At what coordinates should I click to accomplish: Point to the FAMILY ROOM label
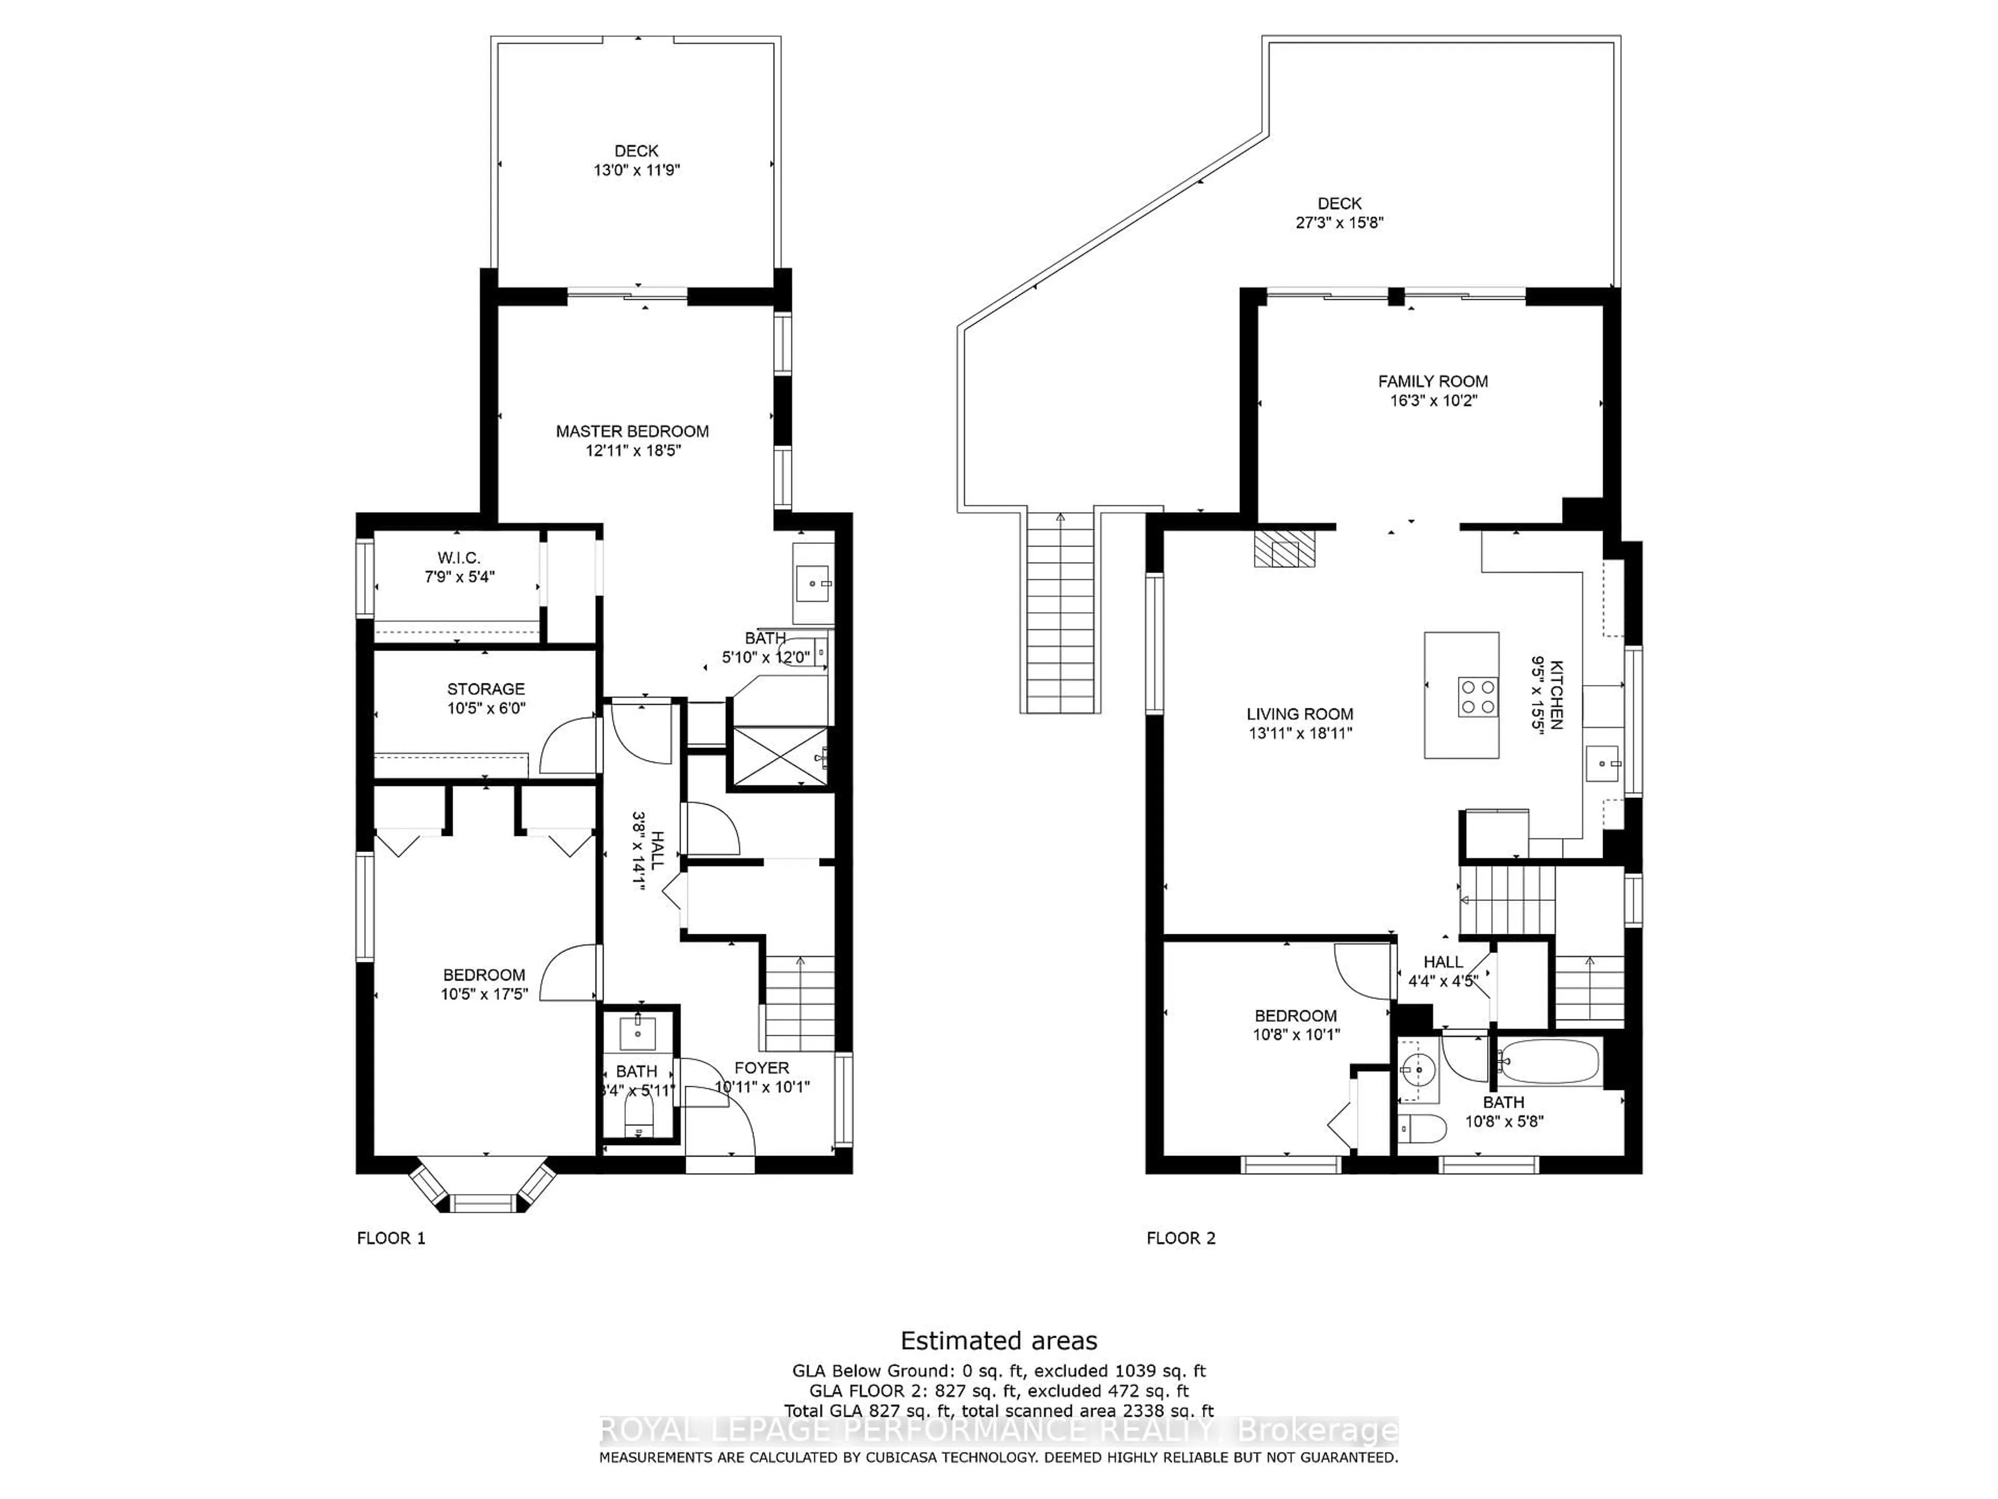[1432, 382]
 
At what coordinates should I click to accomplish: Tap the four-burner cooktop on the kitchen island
[1477, 696]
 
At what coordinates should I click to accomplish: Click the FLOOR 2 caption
[1181, 1238]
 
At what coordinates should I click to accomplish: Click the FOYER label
[761, 1068]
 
